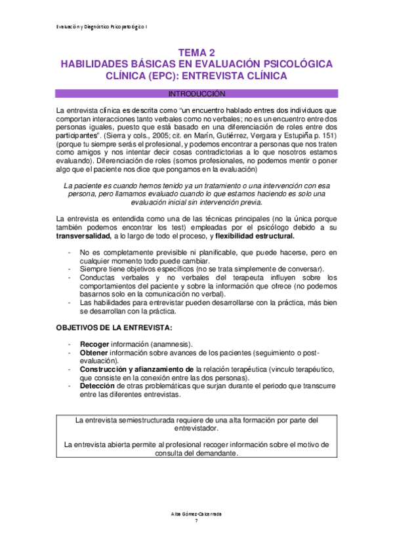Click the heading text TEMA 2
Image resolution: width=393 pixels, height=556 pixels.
click(196, 52)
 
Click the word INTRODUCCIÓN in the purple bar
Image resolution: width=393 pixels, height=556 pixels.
click(196, 93)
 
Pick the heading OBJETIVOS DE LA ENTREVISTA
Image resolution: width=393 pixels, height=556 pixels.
click(114, 327)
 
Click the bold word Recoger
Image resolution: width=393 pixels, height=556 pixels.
click(94, 344)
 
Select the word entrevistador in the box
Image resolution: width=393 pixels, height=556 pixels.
click(196, 428)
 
